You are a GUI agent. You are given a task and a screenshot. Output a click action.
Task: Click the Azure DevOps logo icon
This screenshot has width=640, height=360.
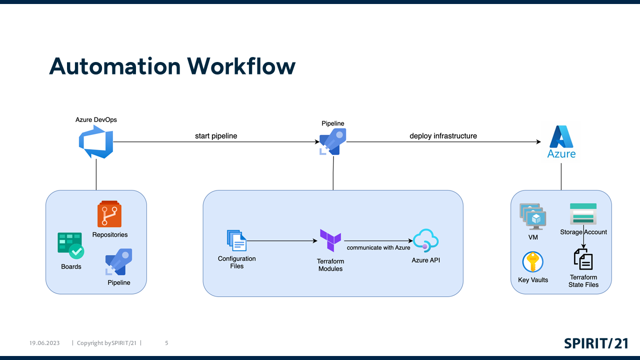(96, 142)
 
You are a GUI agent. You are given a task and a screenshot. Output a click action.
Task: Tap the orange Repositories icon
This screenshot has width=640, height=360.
(109, 214)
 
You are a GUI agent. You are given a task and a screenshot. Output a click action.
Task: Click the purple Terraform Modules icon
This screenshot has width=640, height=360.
(330, 241)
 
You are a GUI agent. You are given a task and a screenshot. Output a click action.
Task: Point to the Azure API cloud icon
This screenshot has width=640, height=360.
(425, 240)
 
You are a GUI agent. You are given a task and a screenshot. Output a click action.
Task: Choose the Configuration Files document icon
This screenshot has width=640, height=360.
(236, 240)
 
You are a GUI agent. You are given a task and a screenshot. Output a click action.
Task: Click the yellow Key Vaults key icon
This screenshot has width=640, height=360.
(533, 262)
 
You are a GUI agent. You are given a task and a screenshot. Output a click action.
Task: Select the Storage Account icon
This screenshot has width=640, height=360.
(583, 214)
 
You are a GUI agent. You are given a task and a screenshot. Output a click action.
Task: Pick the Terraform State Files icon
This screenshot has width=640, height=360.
(583, 259)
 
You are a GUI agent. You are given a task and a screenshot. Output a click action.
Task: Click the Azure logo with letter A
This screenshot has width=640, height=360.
(561, 141)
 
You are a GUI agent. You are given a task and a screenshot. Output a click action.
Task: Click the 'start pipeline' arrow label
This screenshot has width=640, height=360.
(216, 136)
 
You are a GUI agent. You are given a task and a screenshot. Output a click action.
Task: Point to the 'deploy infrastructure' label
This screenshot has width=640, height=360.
(443, 136)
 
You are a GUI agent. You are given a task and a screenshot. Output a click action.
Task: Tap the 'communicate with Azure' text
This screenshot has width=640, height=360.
(378, 247)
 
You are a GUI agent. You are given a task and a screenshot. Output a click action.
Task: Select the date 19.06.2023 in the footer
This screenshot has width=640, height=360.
(44, 343)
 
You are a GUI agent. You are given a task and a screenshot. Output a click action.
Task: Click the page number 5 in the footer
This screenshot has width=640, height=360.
(166, 343)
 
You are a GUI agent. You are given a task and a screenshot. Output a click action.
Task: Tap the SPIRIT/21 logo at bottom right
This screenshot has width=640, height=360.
(596, 343)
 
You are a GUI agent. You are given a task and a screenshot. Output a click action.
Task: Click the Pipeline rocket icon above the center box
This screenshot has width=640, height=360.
(333, 141)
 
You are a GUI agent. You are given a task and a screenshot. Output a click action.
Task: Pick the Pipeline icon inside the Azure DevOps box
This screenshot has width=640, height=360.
(118, 261)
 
